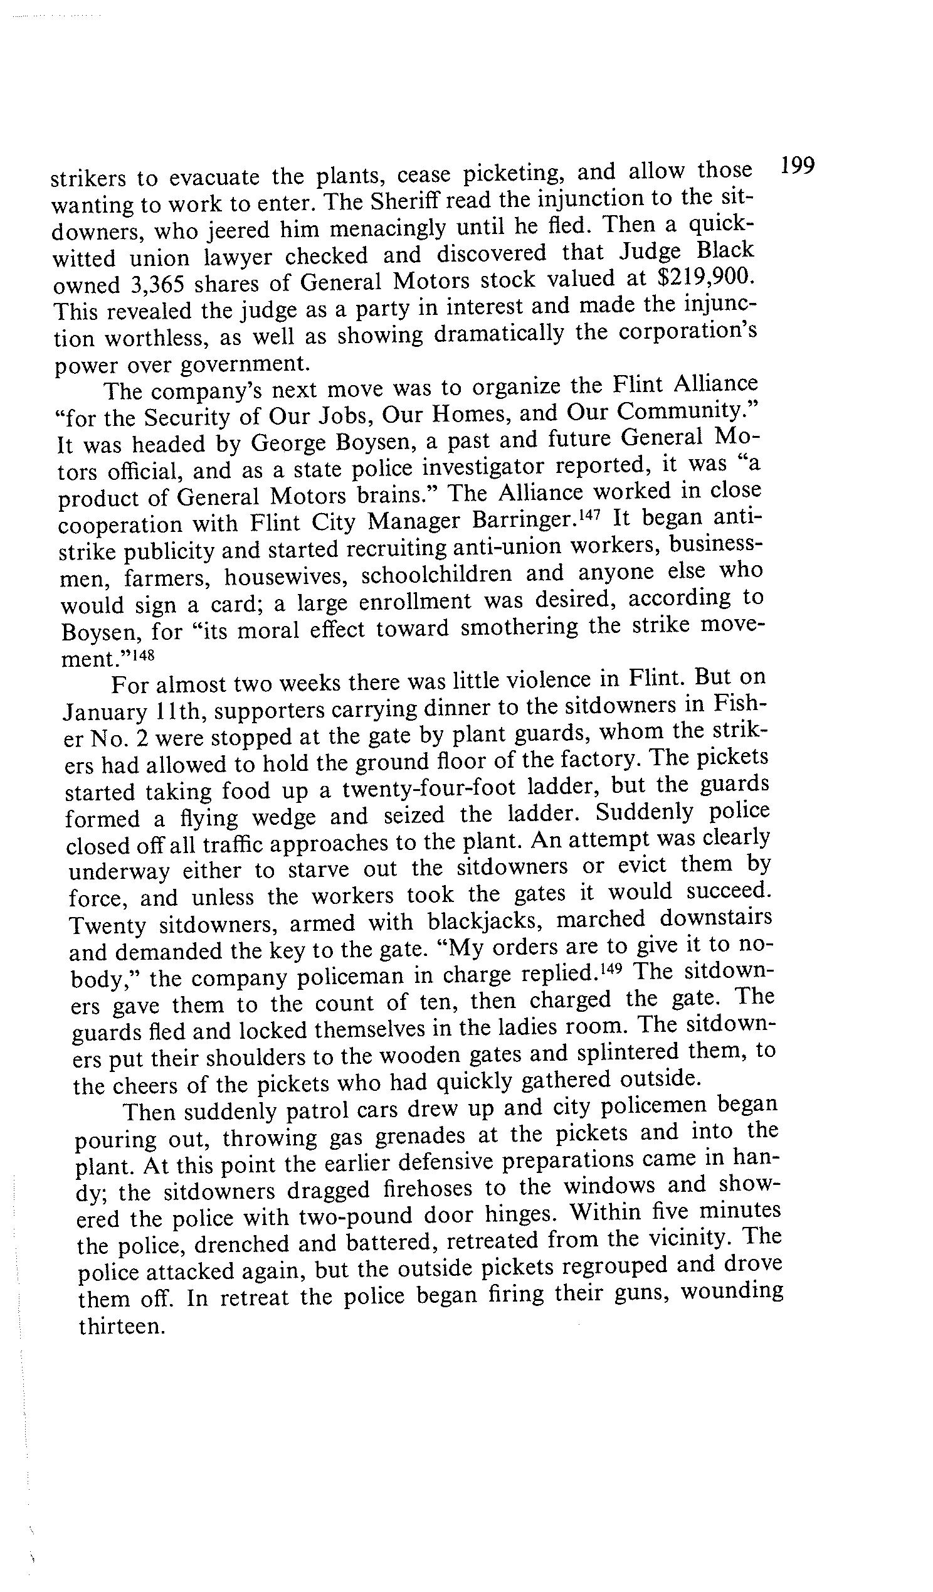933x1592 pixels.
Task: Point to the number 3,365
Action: (x=155, y=284)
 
